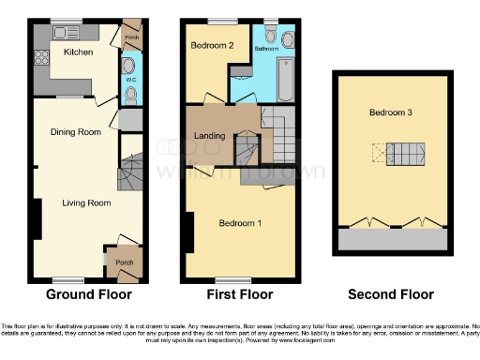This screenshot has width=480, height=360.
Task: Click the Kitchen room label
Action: tap(78, 52)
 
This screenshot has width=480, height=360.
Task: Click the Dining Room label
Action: tap(75, 132)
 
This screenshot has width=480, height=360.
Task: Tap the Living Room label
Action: tap(86, 202)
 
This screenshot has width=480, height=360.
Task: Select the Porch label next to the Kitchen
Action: tap(131, 38)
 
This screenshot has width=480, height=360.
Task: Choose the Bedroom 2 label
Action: tap(212, 45)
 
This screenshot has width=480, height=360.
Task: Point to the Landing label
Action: tap(209, 136)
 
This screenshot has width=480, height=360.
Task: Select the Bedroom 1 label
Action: tap(240, 223)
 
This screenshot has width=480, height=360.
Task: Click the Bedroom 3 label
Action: tap(391, 112)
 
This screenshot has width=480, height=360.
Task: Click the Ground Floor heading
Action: tap(84, 293)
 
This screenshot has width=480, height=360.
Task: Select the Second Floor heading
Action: tap(391, 293)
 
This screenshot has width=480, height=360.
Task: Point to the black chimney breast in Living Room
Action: tap(37, 221)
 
